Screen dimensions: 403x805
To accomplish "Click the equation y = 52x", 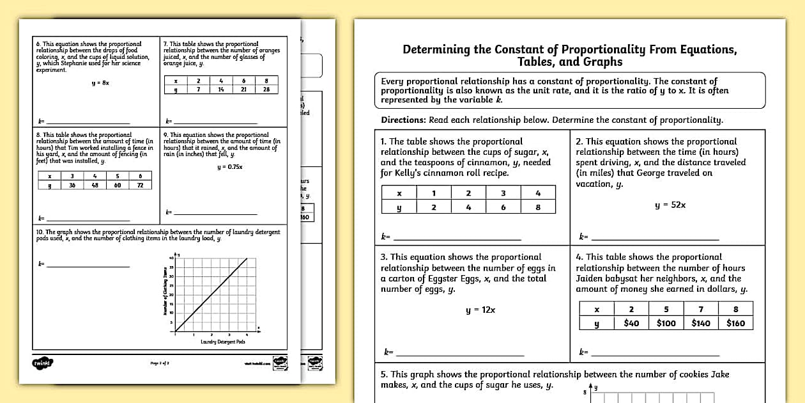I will [x=670, y=205].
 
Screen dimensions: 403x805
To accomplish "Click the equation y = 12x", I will [x=480, y=310].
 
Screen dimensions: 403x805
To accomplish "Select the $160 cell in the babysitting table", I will [x=735, y=323].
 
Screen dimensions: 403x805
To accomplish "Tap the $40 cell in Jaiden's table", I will [x=631, y=323].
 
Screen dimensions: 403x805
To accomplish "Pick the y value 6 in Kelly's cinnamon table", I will [x=503, y=207].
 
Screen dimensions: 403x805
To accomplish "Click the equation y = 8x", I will [x=100, y=83].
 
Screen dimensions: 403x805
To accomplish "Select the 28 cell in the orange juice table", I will [x=266, y=90].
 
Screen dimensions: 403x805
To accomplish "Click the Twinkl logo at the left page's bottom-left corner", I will [x=42, y=363].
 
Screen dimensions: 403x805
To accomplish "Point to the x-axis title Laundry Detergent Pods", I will [x=222, y=342].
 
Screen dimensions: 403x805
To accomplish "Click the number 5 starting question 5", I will [x=383, y=374].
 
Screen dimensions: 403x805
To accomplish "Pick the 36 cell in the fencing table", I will [x=72, y=185].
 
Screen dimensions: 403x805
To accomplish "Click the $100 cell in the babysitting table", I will [x=666, y=323].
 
